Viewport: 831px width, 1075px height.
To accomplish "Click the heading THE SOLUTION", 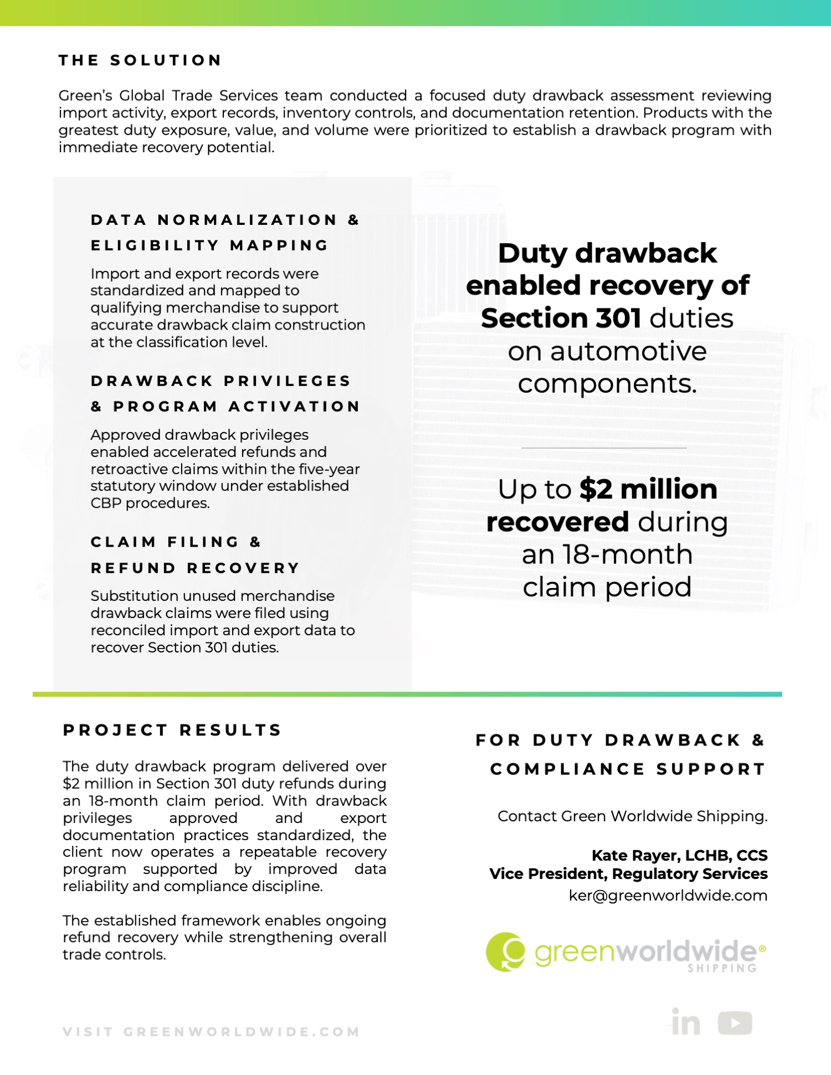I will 140,60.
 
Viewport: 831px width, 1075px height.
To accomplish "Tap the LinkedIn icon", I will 686,1022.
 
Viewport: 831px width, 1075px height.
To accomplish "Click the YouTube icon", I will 735,1023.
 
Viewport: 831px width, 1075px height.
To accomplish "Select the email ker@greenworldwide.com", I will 668,896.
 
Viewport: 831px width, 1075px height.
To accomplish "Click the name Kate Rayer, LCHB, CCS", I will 679,855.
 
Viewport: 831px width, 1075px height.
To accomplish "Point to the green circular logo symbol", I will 505,951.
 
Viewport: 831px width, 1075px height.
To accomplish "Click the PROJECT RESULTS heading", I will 172,730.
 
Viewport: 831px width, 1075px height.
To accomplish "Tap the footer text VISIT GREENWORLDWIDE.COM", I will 211,1032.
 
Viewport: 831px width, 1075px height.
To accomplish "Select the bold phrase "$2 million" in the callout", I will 648,490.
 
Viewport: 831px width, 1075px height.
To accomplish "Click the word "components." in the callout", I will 607,384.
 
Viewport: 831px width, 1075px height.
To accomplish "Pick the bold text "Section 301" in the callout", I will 561,318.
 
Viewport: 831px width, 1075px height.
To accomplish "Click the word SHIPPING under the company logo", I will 722,968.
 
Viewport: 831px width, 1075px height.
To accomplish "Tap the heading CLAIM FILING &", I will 176,542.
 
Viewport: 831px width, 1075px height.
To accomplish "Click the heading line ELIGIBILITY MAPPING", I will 210,245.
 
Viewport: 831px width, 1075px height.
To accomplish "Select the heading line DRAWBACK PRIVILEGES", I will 221,381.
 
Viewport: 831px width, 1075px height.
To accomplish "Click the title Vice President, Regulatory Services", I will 628,873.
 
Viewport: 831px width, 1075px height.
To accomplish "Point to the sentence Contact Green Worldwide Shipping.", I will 632,816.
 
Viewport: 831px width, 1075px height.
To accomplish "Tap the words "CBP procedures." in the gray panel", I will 150,503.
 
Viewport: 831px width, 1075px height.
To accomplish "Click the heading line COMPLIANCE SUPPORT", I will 628,769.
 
